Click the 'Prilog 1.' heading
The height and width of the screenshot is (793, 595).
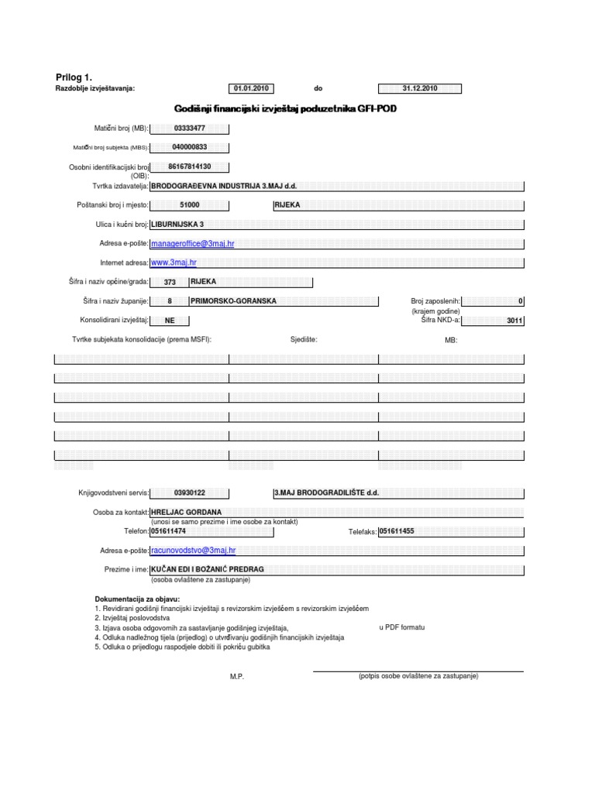click(x=74, y=76)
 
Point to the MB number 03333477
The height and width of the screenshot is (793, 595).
click(x=190, y=129)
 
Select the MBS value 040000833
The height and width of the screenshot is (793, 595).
click(x=190, y=147)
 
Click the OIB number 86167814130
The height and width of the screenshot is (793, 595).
click(x=190, y=166)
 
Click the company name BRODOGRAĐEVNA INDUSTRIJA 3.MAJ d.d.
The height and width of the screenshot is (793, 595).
click(x=223, y=186)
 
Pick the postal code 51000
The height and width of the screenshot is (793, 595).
click(x=189, y=205)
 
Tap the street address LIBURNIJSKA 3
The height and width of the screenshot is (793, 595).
click(x=177, y=224)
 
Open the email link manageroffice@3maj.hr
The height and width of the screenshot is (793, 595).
click(x=192, y=243)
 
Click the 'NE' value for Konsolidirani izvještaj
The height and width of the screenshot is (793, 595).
click(x=170, y=320)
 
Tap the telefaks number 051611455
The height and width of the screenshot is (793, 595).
click(x=397, y=531)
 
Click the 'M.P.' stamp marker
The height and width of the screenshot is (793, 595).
click(x=236, y=677)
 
